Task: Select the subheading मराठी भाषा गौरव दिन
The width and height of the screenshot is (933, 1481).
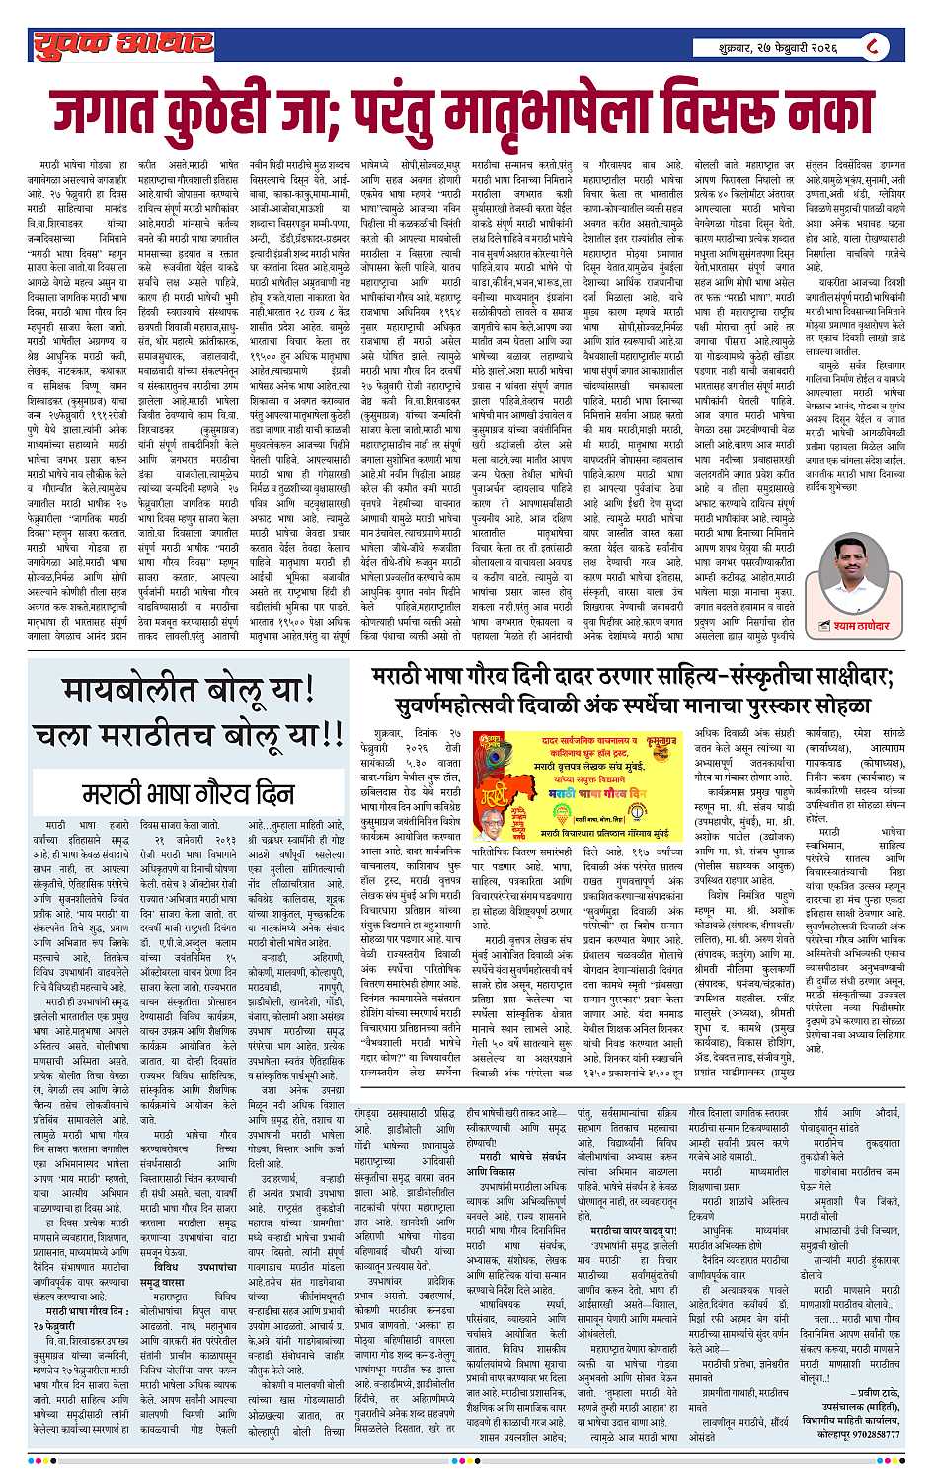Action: (182, 794)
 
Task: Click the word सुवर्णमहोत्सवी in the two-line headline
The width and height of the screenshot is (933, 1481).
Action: (463, 705)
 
